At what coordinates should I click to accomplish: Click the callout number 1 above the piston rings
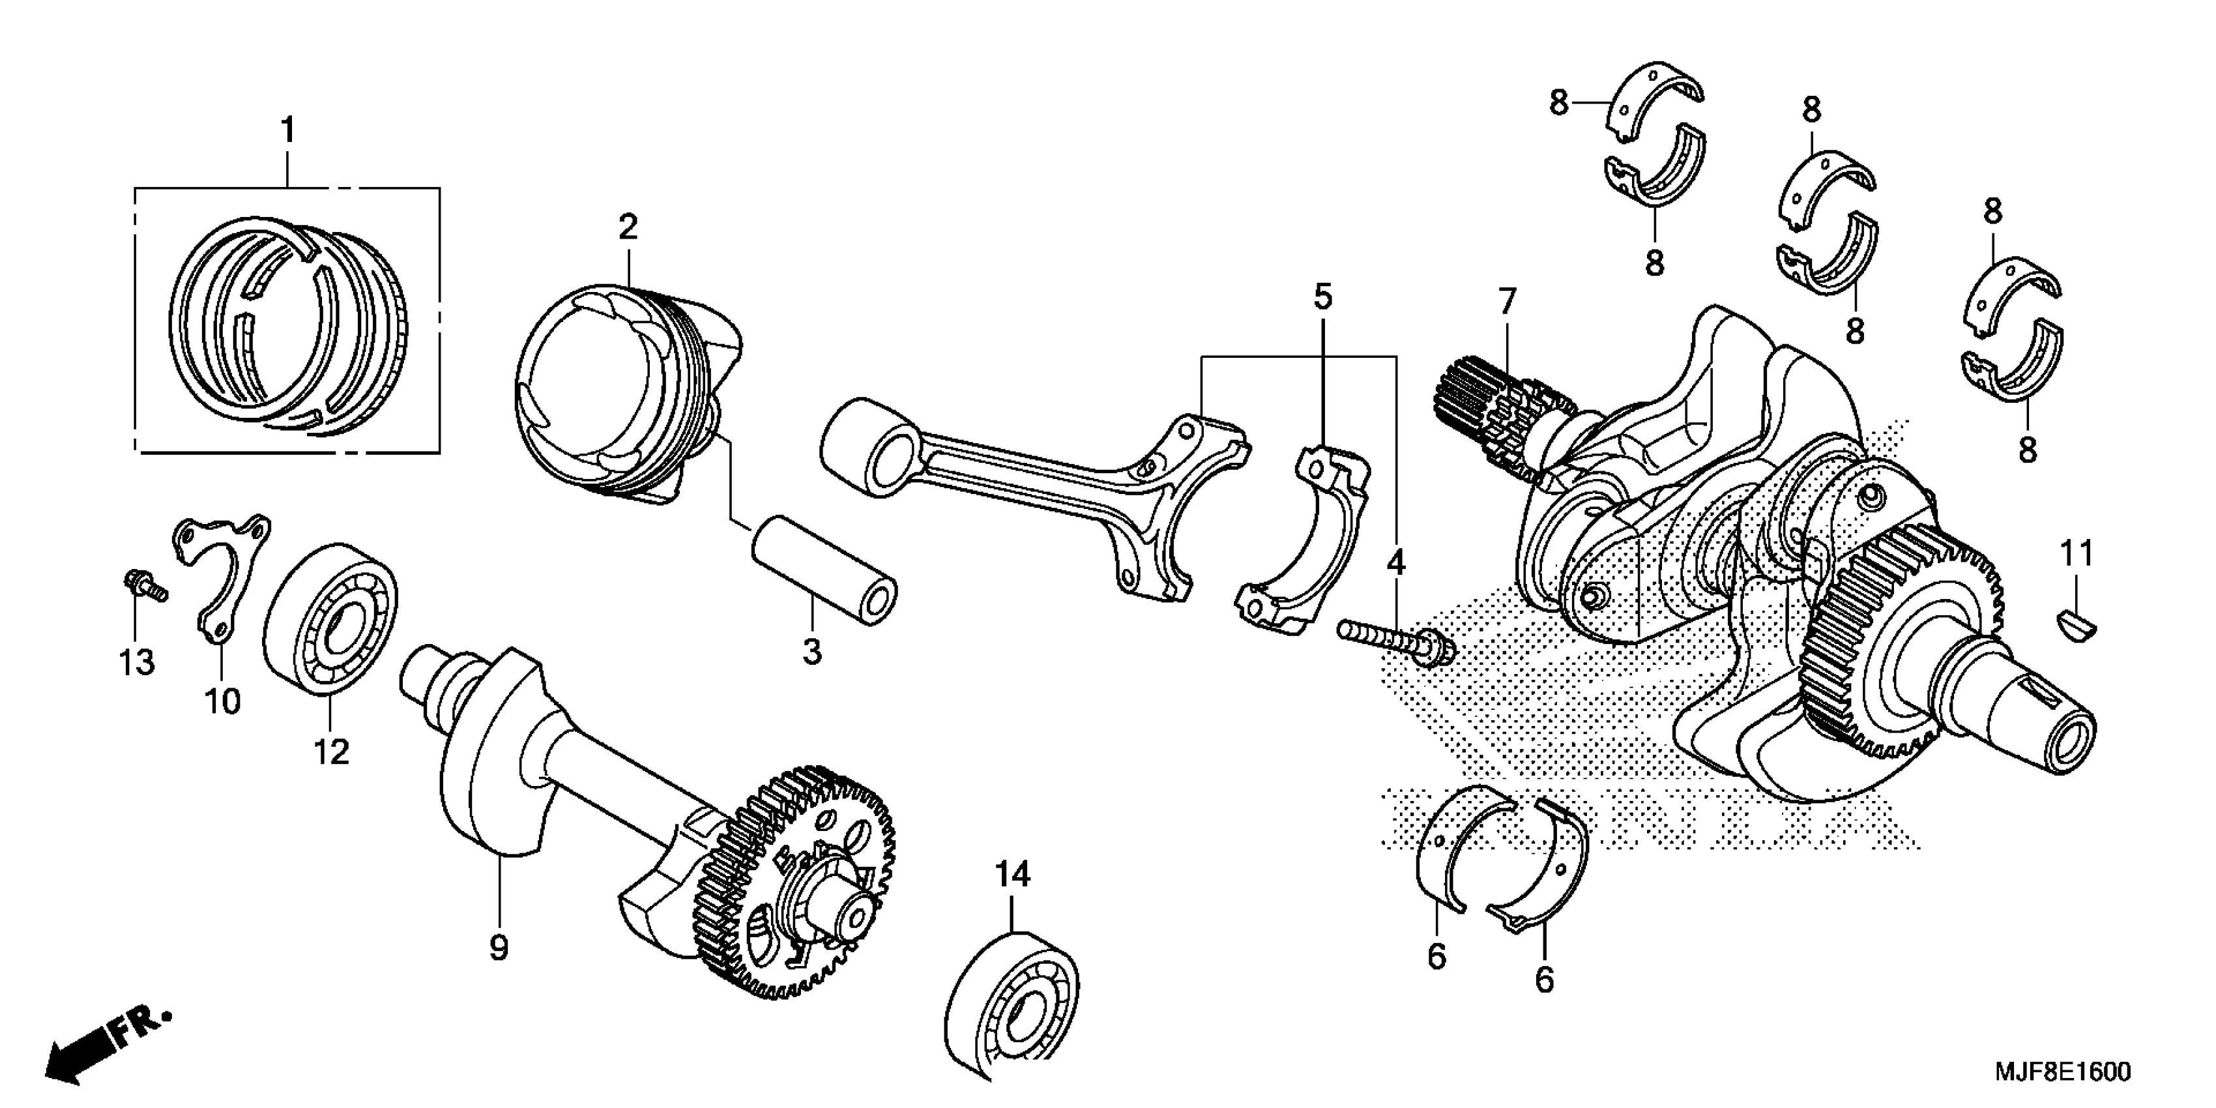[287, 132]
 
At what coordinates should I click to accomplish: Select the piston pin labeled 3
[823, 571]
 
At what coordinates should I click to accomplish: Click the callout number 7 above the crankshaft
[1506, 303]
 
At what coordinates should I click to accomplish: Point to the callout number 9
[499, 948]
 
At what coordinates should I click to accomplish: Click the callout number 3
[811, 651]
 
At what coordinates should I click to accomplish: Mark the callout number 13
[137, 662]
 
